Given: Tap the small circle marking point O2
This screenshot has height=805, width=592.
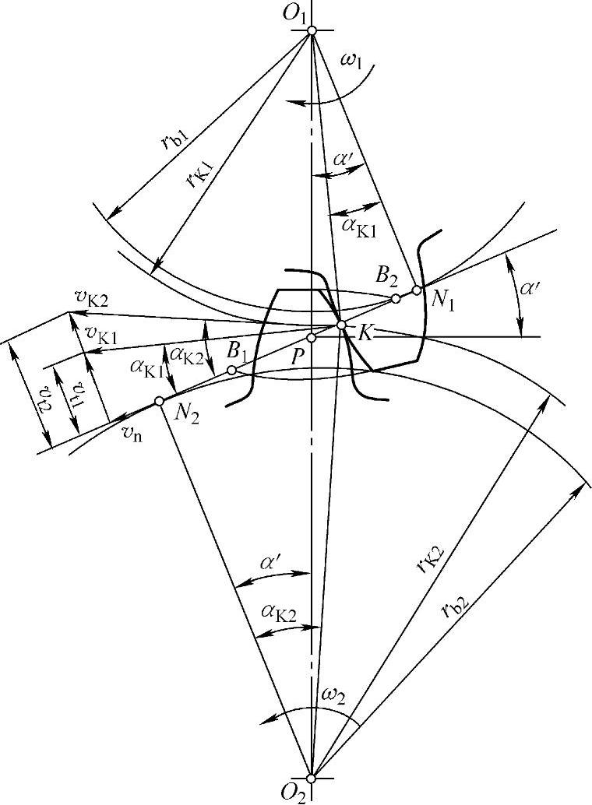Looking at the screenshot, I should point(311,777).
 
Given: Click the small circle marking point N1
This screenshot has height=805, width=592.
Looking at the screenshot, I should point(417,290).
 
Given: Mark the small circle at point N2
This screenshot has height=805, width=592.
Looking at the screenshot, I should point(158,400).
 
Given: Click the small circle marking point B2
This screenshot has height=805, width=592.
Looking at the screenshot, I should point(396,298).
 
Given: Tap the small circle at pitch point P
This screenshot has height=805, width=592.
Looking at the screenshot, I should point(311,338).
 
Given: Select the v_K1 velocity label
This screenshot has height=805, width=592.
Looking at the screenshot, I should point(101,336).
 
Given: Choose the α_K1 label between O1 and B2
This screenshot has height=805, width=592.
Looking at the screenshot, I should point(359,224).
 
